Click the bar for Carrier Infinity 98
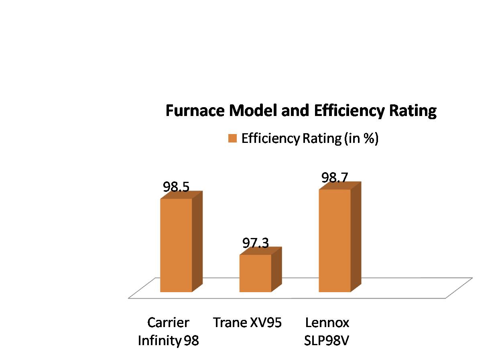[x=176, y=245]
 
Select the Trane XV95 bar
[x=255, y=273]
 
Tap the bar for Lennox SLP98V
[x=335, y=240]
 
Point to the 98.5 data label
[x=176, y=187]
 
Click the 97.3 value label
[x=255, y=243]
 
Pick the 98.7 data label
[x=335, y=178]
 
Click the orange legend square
[x=233, y=138]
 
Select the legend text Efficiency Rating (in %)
[x=310, y=139]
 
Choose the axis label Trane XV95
[x=248, y=322]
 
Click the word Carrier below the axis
[x=168, y=322]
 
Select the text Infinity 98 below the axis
[x=169, y=341]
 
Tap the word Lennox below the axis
[x=327, y=322]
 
